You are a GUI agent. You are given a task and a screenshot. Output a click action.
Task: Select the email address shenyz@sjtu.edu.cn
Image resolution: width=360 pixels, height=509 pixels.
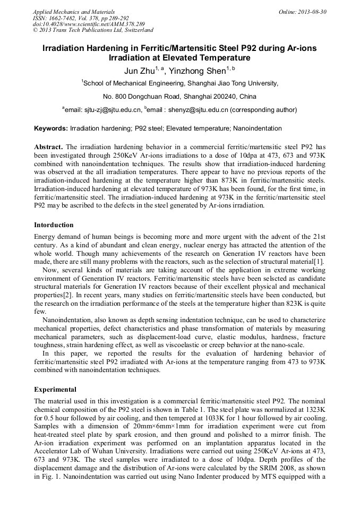[x=196, y=110]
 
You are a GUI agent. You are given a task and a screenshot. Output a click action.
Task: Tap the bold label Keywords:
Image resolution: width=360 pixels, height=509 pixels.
[x=51, y=128]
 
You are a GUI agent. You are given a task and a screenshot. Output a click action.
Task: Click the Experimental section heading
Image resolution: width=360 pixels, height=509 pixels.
[x=55, y=389]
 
